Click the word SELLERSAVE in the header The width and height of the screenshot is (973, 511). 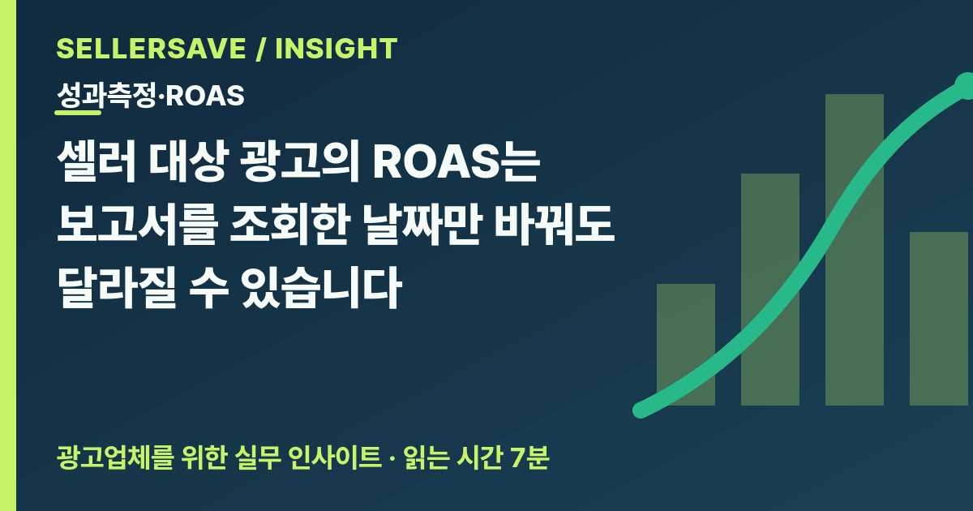coord(152,48)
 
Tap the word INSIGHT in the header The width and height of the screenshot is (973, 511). coord(336,48)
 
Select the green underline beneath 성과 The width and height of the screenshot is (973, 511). coord(78,113)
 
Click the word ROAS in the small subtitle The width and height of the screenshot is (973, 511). coord(205,96)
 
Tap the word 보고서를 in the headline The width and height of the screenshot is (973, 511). coord(137,225)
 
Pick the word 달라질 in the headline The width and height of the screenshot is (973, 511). coord(117,288)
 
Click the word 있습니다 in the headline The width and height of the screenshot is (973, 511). coord(322,288)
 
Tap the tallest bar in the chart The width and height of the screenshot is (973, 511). coord(855,250)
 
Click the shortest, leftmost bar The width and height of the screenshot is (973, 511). coord(686,345)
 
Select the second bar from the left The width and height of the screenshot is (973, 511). coord(770,290)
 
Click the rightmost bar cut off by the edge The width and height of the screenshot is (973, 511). coord(941,319)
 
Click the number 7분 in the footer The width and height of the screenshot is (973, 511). coord(530,457)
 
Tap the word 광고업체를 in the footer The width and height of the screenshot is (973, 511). coord(115,457)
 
